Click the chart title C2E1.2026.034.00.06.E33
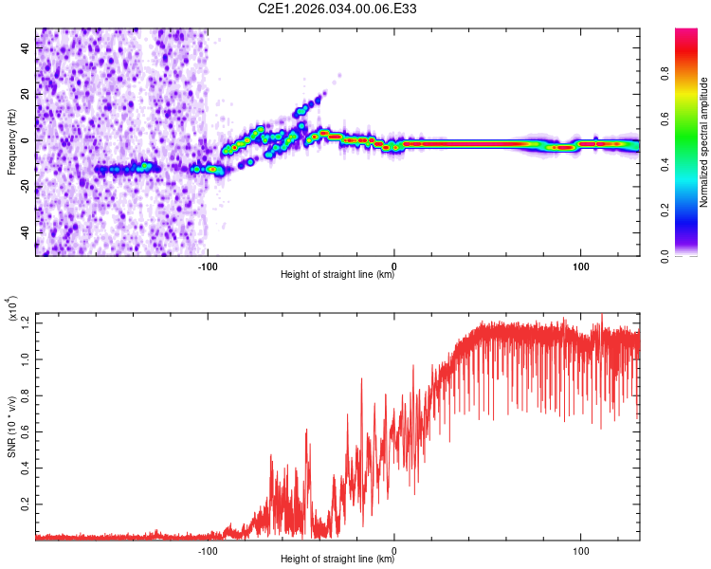[x=338, y=9]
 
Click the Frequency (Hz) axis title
[x=11, y=141]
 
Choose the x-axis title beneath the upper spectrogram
[x=337, y=275]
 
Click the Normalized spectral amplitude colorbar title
[x=704, y=142]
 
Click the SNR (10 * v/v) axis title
[x=11, y=426]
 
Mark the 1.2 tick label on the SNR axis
[x=26, y=322]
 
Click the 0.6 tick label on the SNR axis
[x=26, y=431]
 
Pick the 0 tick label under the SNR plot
[x=394, y=548]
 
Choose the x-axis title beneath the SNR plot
[x=337, y=560]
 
